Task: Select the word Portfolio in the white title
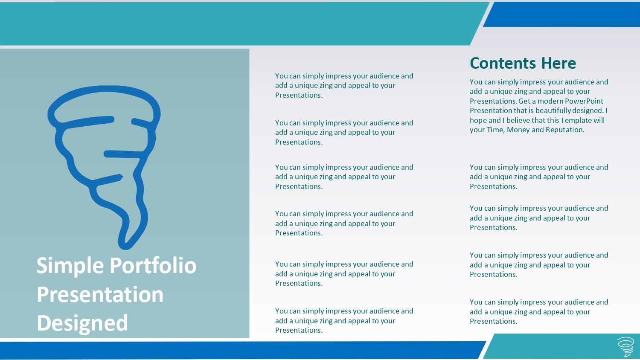tap(153, 265)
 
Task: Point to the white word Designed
tap(82, 323)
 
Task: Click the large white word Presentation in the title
tap(100, 295)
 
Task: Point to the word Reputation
tap(565, 130)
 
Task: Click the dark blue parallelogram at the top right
tap(561, 14)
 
